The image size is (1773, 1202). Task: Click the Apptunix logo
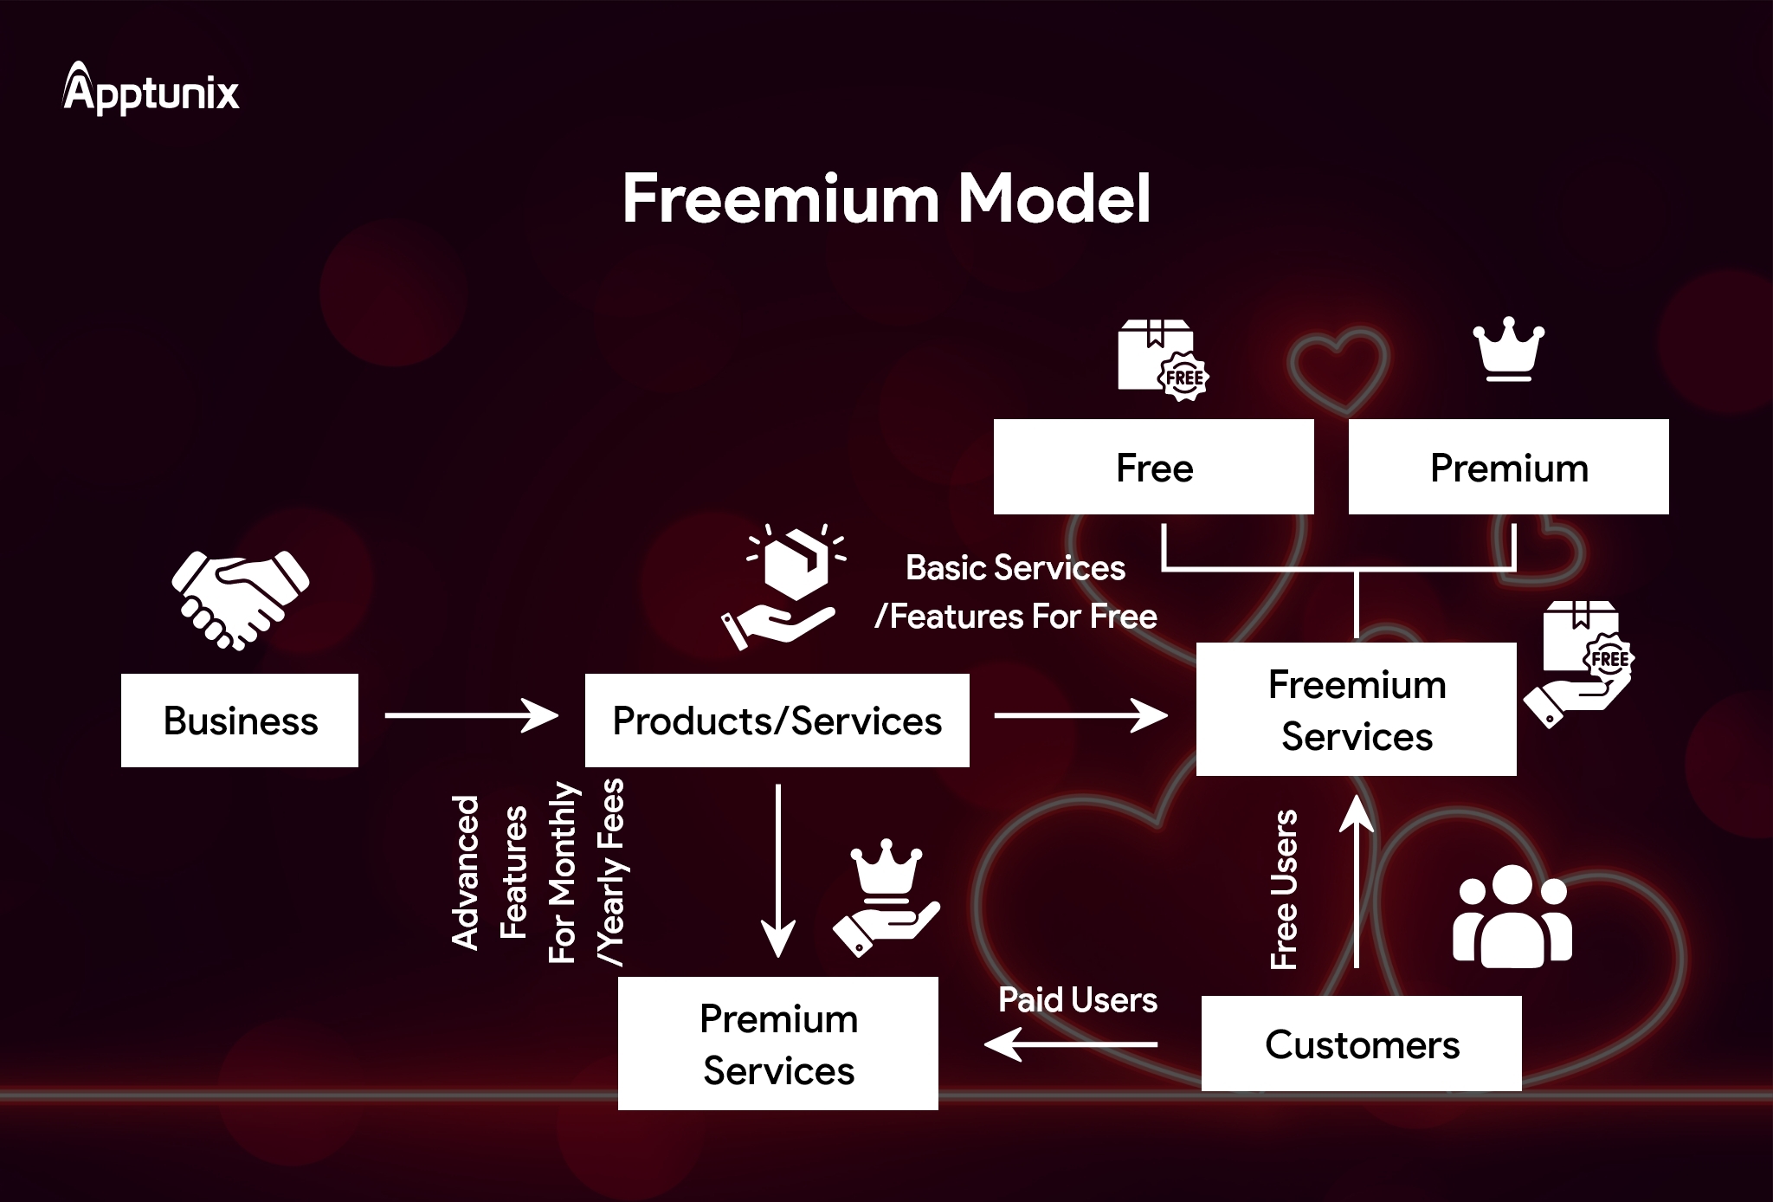click(x=151, y=90)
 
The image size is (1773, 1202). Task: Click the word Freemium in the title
click(x=780, y=199)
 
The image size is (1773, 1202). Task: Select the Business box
click(x=240, y=721)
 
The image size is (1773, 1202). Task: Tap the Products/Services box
click(x=777, y=721)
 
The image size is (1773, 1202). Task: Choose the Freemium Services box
click(x=1356, y=709)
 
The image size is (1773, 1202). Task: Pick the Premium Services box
click(x=777, y=1044)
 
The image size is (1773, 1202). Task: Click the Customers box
click(x=1361, y=1044)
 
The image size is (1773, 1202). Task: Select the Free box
click(x=1153, y=468)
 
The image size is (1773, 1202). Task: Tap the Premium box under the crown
click(x=1508, y=468)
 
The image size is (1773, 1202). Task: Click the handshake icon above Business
click(x=240, y=599)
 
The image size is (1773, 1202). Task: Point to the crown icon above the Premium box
click(x=1508, y=348)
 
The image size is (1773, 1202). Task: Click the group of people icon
click(x=1512, y=916)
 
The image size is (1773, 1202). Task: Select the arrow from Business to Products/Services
click(x=471, y=715)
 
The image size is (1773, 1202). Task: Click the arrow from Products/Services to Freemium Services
click(x=1080, y=715)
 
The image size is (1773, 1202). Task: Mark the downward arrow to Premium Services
click(x=777, y=870)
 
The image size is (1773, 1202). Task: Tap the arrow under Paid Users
click(x=1071, y=1044)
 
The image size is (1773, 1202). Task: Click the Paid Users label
click(x=1077, y=1000)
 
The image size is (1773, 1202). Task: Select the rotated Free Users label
click(x=1284, y=889)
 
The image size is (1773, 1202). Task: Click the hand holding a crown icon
click(x=886, y=898)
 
